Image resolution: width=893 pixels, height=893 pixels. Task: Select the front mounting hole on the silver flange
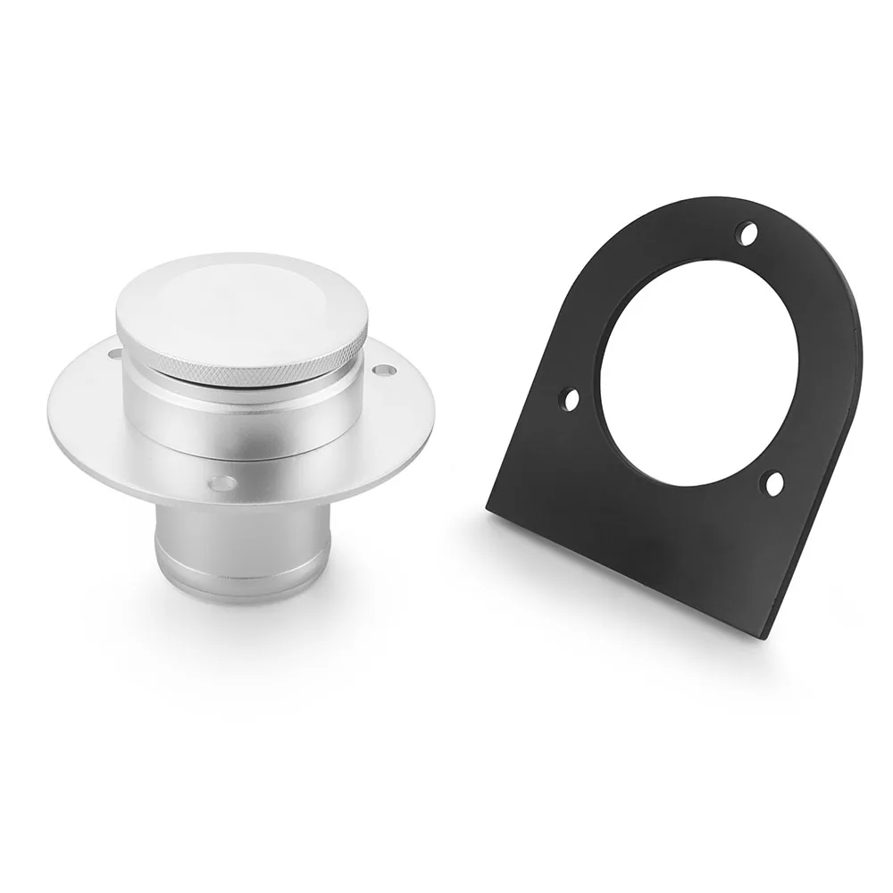[222, 483]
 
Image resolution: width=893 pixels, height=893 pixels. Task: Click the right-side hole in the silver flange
[382, 369]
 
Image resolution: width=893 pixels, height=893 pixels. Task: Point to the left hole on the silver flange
[114, 355]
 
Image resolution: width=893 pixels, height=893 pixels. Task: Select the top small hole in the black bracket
[747, 233]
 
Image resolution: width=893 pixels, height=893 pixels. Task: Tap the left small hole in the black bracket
[571, 398]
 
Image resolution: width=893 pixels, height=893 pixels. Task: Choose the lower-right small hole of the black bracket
[773, 483]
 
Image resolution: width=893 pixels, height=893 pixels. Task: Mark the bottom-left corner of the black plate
[489, 509]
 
